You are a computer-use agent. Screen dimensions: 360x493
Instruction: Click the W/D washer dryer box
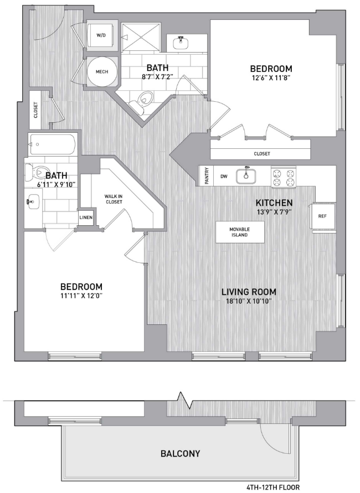coord(102,35)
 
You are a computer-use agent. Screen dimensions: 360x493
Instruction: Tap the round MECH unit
coord(102,72)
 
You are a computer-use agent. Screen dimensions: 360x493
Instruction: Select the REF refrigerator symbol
coord(322,216)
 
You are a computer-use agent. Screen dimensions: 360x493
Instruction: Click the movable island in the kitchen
coord(239,232)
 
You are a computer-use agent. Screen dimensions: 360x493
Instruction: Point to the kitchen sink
coord(246,176)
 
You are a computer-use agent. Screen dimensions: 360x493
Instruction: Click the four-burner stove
coord(284,177)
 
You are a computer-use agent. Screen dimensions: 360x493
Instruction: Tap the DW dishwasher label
coord(224,177)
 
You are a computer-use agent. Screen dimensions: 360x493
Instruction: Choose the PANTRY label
coord(207,176)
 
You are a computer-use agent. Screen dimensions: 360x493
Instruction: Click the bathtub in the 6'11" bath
coord(53,144)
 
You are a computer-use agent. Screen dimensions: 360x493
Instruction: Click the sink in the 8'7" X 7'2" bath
coord(181,43)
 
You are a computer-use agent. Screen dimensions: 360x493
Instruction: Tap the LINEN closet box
coord(86,218)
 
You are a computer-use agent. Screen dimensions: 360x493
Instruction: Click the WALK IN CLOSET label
coord(114,199)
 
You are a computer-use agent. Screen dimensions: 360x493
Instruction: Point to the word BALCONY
coord(181,453)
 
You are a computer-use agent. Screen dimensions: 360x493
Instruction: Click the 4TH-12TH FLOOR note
coord(273,487)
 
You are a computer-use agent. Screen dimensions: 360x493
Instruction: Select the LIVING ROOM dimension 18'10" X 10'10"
coord(249,302)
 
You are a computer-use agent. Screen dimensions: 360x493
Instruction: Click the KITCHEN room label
coord(274,203)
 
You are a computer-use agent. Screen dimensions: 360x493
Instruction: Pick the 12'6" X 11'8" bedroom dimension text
coord(271,77)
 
